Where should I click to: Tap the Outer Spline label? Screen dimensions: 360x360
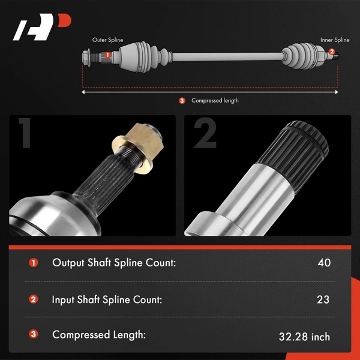coord(108,40)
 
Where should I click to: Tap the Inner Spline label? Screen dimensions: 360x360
coord(335,40)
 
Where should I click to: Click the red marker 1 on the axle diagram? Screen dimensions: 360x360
coord(107,55)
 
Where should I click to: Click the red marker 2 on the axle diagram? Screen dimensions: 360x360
coord(332,52)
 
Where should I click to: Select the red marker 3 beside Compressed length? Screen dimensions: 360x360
coord(182,100)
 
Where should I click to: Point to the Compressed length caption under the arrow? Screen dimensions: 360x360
coord(215,101)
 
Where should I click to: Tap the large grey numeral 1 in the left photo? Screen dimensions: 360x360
coord(25,134)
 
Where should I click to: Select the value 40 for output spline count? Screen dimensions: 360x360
coord(324,262)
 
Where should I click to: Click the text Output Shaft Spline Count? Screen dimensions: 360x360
coord(114,262)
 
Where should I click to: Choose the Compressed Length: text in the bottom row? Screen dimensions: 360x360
coord(99,335)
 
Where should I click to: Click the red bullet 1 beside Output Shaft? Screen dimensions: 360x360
coord(33,263)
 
